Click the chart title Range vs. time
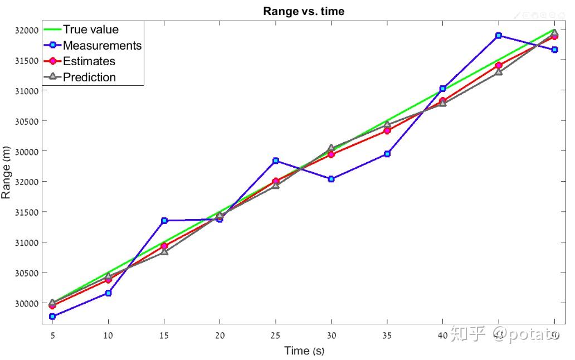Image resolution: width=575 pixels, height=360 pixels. (304, 11)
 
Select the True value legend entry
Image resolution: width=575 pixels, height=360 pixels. (90, 30)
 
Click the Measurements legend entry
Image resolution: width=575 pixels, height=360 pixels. (102, 45)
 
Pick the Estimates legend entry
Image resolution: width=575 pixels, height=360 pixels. (89, 61)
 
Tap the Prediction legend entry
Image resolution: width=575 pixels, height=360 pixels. (89, 77)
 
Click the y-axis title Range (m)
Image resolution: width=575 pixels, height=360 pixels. (7, 173)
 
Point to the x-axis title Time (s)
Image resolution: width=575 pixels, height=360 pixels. (304, 351)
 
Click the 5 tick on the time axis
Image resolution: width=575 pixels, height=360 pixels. (52, 336)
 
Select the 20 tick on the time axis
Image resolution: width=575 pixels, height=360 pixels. (220, 336)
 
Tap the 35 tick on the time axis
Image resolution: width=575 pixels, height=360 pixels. (387, 336)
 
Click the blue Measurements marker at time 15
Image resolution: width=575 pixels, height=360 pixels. (164, 221)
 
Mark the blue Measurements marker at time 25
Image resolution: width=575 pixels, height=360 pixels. (275, 160)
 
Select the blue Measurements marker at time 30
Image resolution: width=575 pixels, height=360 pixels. (331, 179)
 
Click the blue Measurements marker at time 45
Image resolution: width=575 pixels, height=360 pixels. (499, 36)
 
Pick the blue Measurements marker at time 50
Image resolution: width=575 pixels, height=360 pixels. (554, 50)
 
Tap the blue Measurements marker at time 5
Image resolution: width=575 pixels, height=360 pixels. (52, 316)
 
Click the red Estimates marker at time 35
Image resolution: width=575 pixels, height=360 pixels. (387, 130)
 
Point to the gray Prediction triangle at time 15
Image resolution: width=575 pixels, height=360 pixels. (164, 252)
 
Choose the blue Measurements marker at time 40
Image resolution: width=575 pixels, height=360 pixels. (442, 89)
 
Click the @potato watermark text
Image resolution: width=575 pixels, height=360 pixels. (526, 335)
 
